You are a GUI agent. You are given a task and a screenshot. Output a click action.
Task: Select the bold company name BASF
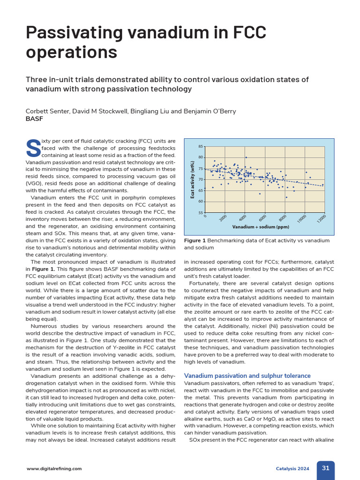tap(34, 119)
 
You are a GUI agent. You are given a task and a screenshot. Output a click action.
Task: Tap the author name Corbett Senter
tap(48, 111)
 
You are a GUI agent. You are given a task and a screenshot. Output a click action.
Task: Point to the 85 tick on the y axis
tap(201, 147)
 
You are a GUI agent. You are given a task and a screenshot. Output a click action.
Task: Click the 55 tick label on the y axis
tap(201, 213)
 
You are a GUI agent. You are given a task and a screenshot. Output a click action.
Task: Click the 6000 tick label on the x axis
tap(262, 218)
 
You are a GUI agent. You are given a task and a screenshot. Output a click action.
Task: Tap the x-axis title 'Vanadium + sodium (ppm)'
tap(261, 227)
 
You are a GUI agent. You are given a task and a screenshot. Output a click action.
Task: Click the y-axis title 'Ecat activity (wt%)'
tap(192, 180)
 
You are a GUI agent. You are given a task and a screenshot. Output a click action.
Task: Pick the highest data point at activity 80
tap(246, 157)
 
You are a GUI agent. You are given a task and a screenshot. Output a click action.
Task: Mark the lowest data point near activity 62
tap(286, 197)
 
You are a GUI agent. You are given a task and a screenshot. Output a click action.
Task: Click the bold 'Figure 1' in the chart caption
tap(195, 240)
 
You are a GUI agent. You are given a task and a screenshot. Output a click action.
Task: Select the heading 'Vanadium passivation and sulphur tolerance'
tap(247, 375)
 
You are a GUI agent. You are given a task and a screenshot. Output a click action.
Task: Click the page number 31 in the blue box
tap(326, 468)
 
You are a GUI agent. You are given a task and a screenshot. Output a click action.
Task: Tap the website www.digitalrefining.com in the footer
tap(54, 468)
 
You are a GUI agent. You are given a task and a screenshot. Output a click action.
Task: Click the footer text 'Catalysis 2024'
tap(292, 468)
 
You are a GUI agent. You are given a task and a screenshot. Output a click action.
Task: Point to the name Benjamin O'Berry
tap(208, 111)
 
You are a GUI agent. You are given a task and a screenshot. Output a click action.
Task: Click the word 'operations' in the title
tap(72, 52)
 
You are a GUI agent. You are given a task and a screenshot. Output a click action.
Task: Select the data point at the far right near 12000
tap(322, 185)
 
